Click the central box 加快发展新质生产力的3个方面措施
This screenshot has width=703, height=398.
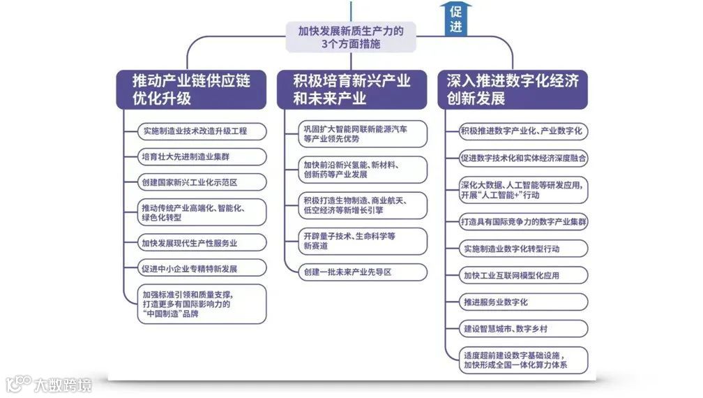click(351, 37)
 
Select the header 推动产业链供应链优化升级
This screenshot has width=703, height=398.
click(191, 89)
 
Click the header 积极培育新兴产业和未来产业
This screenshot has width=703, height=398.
click(351, 89)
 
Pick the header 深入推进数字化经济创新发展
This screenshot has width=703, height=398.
click(513, 89)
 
